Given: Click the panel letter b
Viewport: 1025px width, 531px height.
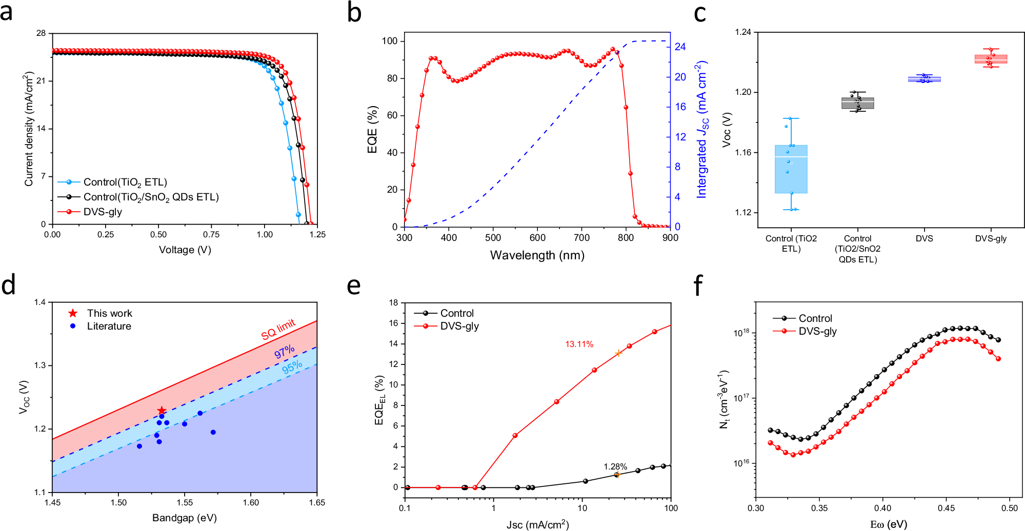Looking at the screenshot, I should pyautogui.click(x=354, y=13).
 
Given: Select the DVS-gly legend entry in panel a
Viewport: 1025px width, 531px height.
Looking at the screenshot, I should pyautogui.click(x=103, y=212).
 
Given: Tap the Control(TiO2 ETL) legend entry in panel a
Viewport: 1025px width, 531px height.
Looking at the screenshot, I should pyautogui.click(x=125, y=182).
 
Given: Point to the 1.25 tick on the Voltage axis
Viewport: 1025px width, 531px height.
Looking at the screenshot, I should pyautogui.click(x=317, y=234).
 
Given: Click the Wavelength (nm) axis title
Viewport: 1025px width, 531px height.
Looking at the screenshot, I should pyautogui.click(x=537, y=255).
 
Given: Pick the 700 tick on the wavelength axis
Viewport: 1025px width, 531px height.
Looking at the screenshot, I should pyautogui.click(x=581, y=238).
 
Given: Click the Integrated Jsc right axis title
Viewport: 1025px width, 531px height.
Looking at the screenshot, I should pyautogui.click(x=701, y=129).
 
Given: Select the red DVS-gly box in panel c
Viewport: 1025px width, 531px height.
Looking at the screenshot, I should pyautogui.click(x=991, y=59).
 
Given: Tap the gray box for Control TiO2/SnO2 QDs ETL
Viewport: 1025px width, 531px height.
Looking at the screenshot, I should pyautogui.click(x=857, y=103).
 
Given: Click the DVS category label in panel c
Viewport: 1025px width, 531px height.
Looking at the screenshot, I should pyautogui.click(x=924, y=238).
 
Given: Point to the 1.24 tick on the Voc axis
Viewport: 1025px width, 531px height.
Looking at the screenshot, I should pyautogui.click(x=743, y=32).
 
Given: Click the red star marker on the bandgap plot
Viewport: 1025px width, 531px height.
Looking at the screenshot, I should pyautogui.click(x=162, y=411).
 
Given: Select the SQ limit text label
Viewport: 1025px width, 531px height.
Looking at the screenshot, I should pyautogui.click(x=278, y=329).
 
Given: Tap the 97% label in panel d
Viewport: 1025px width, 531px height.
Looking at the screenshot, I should pyautogui.click(x=284, y=352).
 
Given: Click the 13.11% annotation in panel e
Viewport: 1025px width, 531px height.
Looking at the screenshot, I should pyautogui.click(x=579, y=344).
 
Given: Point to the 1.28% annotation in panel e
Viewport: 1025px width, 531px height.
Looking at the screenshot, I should pyautogui.click(x=615, y=466).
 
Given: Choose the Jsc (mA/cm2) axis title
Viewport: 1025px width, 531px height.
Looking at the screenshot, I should pyautogui.click(x=537, y=524).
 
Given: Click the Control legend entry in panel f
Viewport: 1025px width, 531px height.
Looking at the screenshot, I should pyautogui.click(x=815, y=318).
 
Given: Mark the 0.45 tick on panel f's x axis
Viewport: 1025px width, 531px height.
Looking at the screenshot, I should pyautogui.click(x=946, y=508).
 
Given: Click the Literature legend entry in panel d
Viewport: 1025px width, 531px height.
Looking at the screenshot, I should pyautogui.click(x=109, y=326).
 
